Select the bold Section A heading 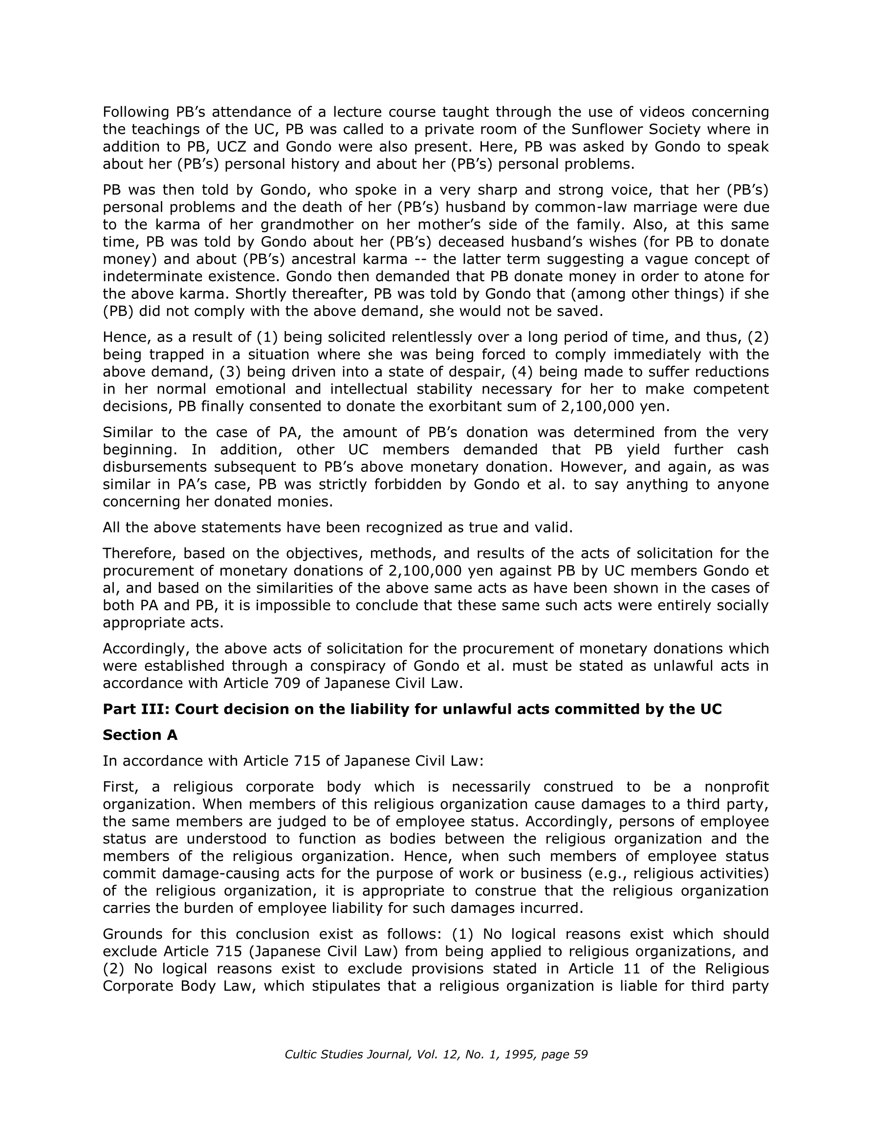coord(140,735)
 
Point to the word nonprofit coord(737,787)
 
